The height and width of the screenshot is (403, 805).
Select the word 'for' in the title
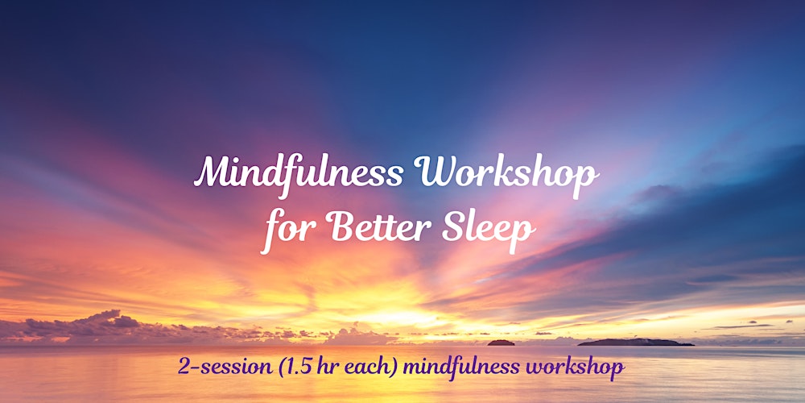(x=282, y=229)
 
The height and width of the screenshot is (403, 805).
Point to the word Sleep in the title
(x=491, y=229)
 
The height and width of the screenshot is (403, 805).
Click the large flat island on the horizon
(x=636, y=342)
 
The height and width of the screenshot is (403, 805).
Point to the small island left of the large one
(x=501, y=343)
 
